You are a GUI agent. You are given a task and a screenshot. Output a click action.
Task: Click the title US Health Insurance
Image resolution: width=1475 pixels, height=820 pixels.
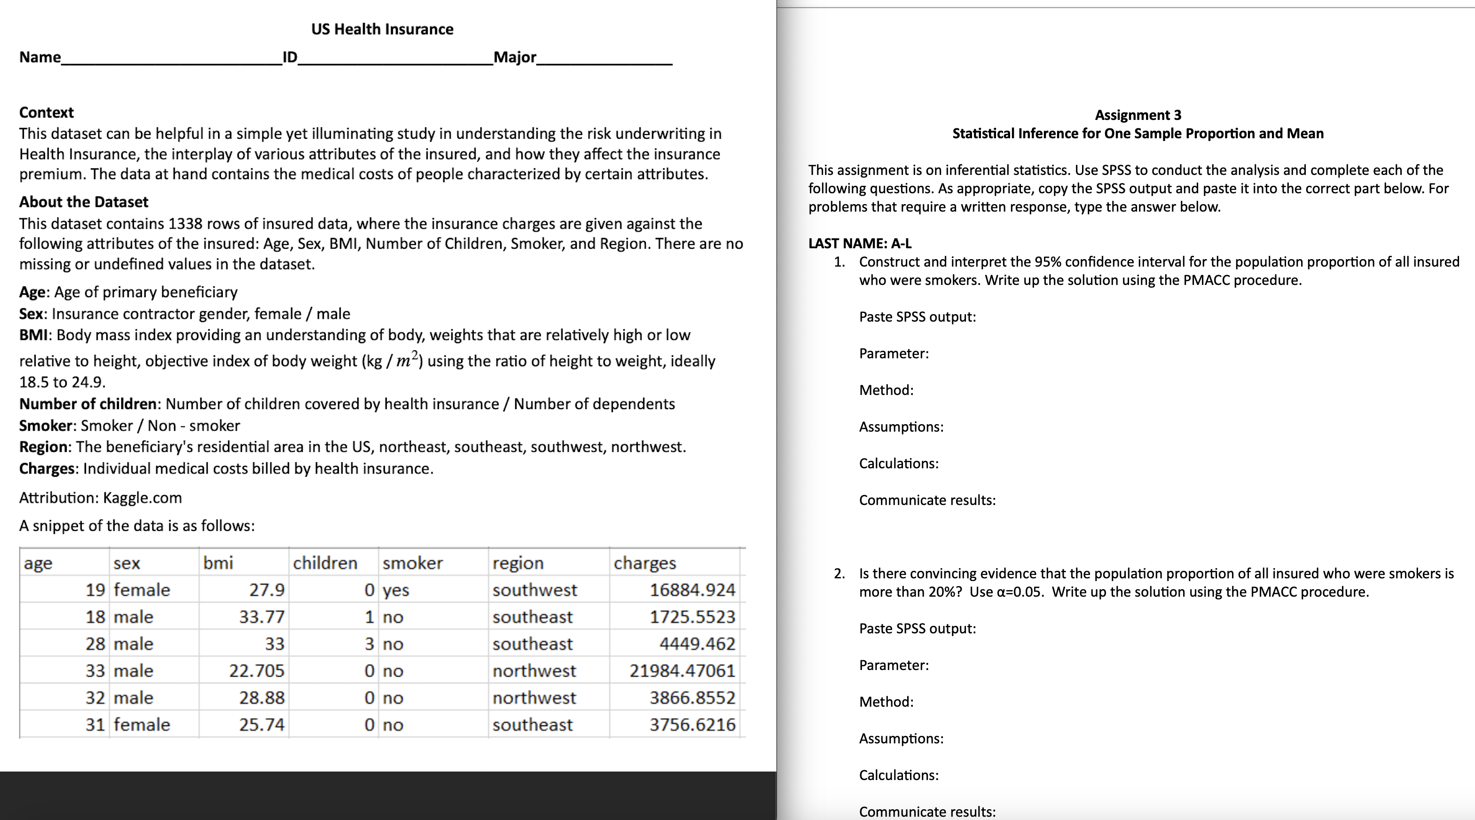click(x=382, y=29)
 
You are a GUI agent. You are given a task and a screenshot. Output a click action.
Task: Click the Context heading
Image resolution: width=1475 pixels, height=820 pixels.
click(x=47, y=112)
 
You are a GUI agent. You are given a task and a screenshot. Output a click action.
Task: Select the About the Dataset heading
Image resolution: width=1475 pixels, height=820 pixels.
click(x=84, y=202)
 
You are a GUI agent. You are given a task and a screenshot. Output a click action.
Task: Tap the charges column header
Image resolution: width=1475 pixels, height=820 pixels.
click(x=645, y=563)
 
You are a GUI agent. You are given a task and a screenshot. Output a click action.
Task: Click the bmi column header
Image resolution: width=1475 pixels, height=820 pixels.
click(x=218, y=563)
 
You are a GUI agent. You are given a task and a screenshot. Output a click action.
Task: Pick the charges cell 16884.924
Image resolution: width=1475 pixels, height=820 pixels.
click(x=692, y=590)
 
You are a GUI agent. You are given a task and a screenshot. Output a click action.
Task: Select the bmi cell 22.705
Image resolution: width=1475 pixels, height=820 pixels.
click(x=257, y=670)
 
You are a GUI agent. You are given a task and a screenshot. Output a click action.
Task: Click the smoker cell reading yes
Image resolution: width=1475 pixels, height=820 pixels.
click(x=396, y=590)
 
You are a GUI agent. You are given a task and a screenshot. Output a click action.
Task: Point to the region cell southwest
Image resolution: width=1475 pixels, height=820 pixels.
click(x=535, y=590)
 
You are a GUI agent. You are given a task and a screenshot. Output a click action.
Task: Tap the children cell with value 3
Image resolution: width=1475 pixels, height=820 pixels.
click(x=369, y=644)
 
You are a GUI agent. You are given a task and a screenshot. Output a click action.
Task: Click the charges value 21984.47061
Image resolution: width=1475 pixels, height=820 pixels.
click(x=682, y=670)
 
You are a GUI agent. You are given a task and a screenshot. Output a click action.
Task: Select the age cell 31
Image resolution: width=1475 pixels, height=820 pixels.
click(x=95, y=725)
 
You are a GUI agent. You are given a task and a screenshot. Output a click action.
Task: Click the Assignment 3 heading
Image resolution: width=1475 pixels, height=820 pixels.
click(x=1138, y=115)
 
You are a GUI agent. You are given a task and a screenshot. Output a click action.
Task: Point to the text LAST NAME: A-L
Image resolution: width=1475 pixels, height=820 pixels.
click(x=859, y=244)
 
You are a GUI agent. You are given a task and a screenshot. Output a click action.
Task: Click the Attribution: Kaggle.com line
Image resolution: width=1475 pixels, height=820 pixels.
click(x=101, y=497)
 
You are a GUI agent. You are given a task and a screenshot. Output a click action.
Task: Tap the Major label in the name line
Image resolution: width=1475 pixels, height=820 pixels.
click(x=515, y=57)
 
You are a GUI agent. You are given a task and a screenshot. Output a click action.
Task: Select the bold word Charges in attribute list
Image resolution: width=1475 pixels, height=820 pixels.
click(x=47, y=468)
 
